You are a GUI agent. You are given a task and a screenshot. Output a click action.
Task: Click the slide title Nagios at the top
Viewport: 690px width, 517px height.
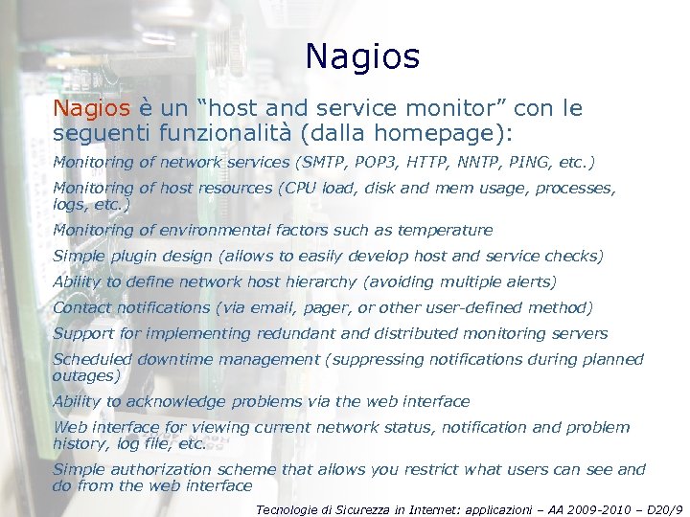362,57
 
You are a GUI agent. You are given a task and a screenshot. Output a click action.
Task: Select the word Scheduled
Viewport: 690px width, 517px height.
92,359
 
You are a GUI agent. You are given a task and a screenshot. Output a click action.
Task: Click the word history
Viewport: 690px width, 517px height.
80,444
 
